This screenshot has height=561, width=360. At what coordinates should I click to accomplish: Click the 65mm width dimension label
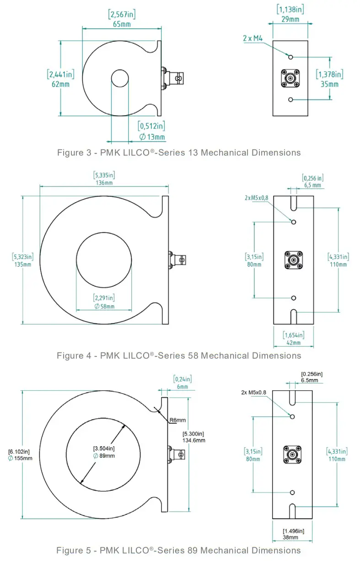pos(121,24)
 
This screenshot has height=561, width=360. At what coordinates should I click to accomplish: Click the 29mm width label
pos(290,19)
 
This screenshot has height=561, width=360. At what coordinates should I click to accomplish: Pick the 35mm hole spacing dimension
pos(329,84)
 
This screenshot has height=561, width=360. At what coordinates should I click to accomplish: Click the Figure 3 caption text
pos(179,153)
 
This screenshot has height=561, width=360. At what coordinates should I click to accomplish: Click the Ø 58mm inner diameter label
pos(104,306)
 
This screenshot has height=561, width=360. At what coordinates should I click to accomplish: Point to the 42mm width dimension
pos(293,342)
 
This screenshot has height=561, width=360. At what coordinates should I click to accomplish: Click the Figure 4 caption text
pos(179,356)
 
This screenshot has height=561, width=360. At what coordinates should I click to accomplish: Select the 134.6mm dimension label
pos(194,440)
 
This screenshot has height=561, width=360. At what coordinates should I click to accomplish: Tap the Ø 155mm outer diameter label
pos(20,458)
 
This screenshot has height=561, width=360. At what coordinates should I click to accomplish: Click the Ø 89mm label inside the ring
pos(104,455)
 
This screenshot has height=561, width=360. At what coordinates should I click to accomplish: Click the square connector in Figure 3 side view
pos(290,78)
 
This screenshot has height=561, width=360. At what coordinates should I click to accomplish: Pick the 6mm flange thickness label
pos(182,387)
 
